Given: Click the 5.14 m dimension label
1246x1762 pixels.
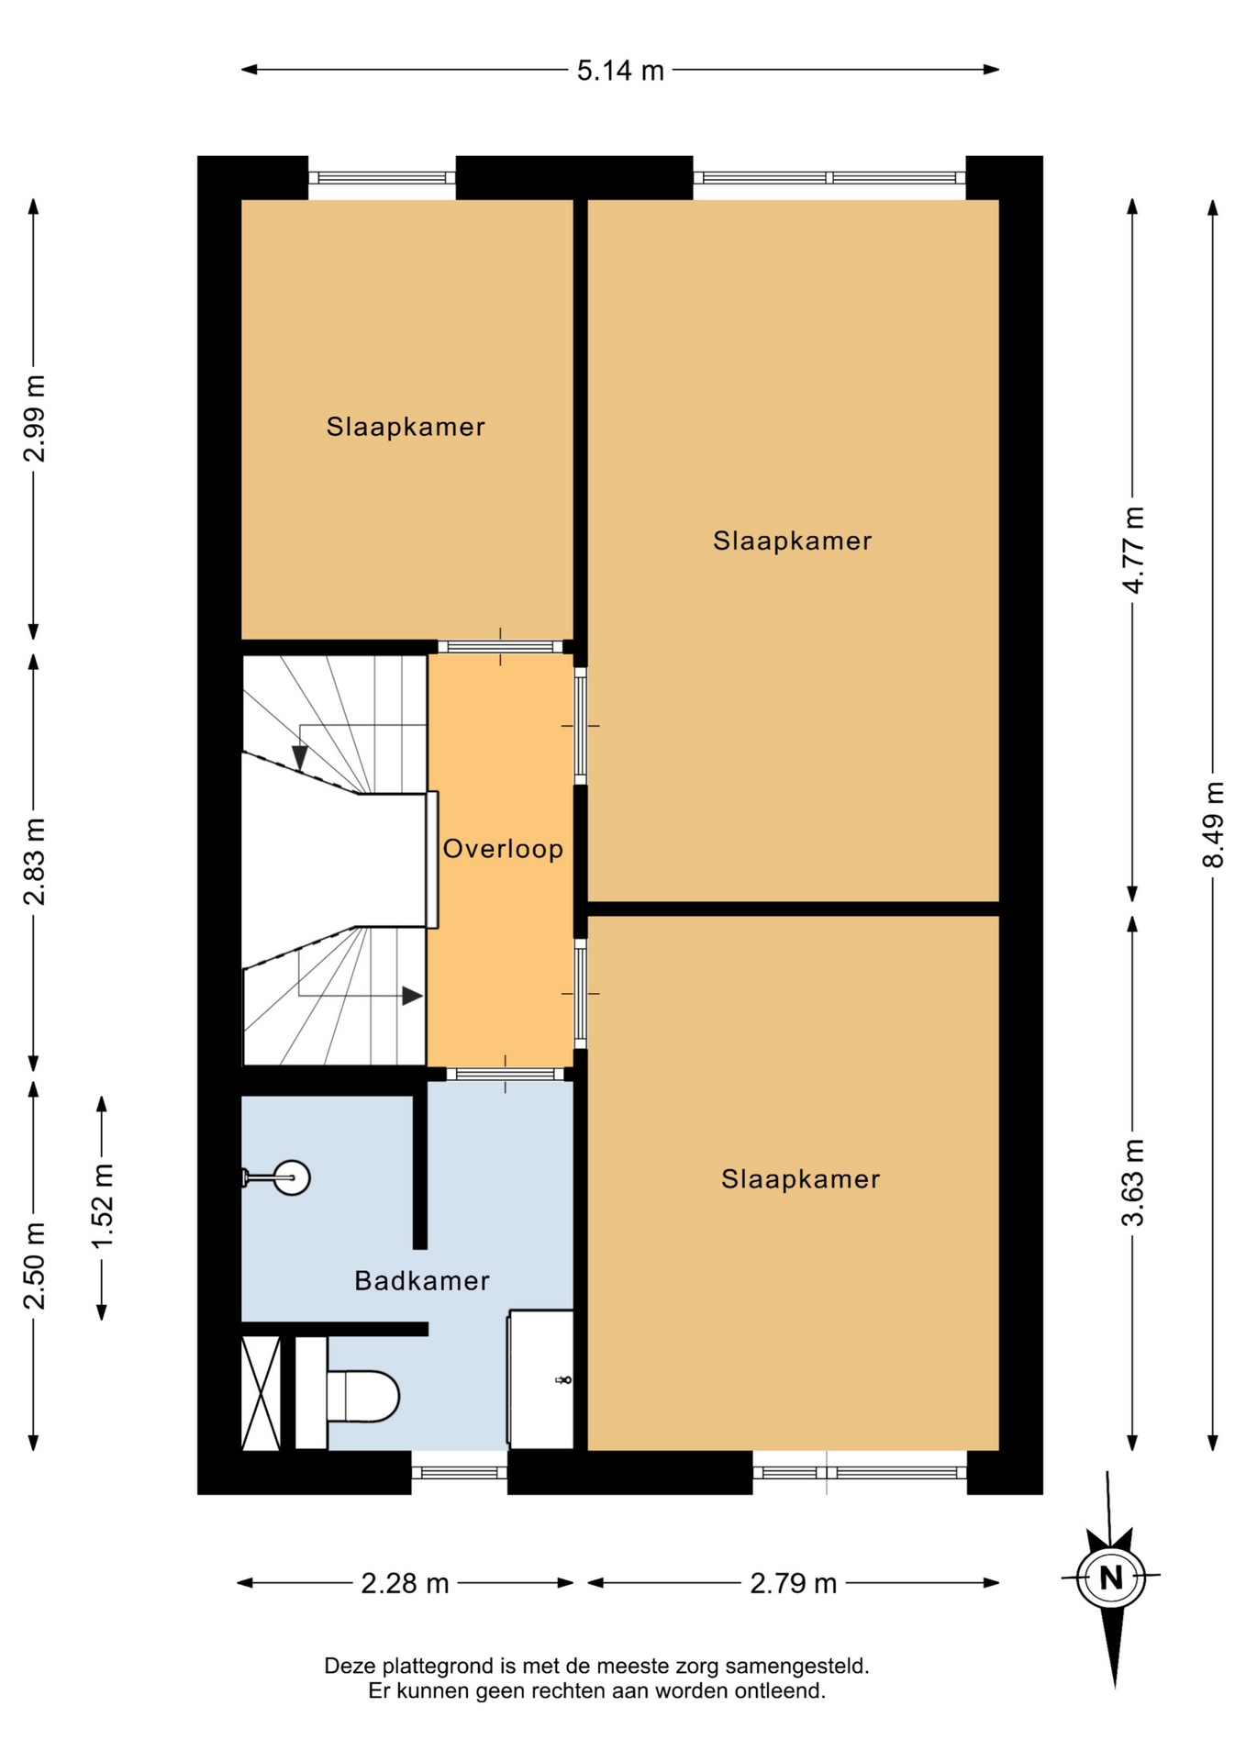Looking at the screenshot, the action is coord(620,71).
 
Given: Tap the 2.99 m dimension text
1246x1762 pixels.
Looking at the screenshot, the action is coord(34,418).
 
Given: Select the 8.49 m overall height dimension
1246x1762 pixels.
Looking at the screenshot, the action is coord(1213,823).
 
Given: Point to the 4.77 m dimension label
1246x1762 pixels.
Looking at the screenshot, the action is coord(1133,550).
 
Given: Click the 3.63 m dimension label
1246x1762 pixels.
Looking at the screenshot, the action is coord(1133,1182).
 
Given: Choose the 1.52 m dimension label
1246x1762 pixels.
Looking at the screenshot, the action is coord(102,1205).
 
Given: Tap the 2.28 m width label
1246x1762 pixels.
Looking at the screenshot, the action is coord(405,1583).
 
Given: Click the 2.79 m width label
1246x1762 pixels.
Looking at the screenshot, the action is coord(794,1583).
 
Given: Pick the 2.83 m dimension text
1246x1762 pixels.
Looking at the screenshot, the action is coord(34,862).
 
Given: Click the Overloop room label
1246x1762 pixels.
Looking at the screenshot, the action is coord(503,849).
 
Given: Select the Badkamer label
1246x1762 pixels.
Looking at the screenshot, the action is coord(422,1280).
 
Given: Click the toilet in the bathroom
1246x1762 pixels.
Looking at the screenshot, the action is coord(363,1396).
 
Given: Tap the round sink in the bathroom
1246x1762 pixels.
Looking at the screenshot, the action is coord(292,1177).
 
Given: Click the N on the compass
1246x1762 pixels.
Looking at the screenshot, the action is coord(1111,1578).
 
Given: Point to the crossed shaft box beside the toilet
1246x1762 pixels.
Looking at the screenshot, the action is coord(261,1393).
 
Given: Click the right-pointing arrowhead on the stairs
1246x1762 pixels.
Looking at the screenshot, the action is coord(412,996).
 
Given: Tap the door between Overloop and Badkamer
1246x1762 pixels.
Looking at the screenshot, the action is coord(506,1074).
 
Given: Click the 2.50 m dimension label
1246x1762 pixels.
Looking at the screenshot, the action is coord(34,1266).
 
